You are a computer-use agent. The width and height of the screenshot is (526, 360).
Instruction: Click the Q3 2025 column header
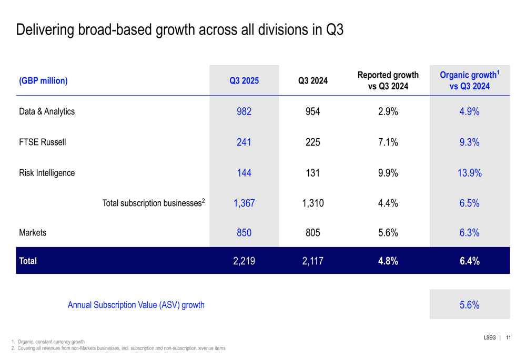tap(244, 81)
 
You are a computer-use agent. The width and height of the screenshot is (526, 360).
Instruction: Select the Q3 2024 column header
tap(313, 81)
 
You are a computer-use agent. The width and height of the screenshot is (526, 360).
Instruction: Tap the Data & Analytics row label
tap(47, 111)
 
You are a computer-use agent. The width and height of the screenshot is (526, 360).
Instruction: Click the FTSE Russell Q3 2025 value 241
tap(244, 142)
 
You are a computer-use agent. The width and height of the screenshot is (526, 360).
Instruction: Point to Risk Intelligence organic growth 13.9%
tap(469, 173)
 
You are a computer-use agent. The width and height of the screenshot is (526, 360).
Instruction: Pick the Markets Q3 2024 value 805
tap(313, 233)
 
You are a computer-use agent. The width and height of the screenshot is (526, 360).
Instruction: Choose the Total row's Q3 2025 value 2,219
tap(244, 261)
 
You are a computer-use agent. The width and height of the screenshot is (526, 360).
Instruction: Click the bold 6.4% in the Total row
tap(469, 261)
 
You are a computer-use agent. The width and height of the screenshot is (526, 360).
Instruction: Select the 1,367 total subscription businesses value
tap(244, 203)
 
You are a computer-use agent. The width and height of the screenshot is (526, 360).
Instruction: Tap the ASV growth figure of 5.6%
tap(469, 305)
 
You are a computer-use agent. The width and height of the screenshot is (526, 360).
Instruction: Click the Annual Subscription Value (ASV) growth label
tap(136, 305)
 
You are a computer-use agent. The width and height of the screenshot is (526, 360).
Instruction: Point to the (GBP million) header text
tap(43, 81)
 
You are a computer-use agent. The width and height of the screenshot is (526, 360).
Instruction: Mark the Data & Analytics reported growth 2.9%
tap(388, 111)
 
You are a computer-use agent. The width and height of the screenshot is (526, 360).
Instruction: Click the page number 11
tap(508, 338)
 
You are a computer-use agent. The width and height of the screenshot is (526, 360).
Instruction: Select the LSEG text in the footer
tap(490, 338)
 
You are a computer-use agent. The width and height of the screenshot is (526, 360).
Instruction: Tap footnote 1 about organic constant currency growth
tap(48, 342)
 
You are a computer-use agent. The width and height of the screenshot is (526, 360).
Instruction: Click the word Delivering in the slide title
tap(46, 29)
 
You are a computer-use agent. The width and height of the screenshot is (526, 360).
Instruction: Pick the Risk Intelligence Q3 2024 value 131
tap(313, 173)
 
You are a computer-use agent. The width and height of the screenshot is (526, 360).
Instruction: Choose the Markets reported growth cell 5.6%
tap(388, 233)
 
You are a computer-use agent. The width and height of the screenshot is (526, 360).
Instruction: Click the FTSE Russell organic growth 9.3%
tap(469, 142)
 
